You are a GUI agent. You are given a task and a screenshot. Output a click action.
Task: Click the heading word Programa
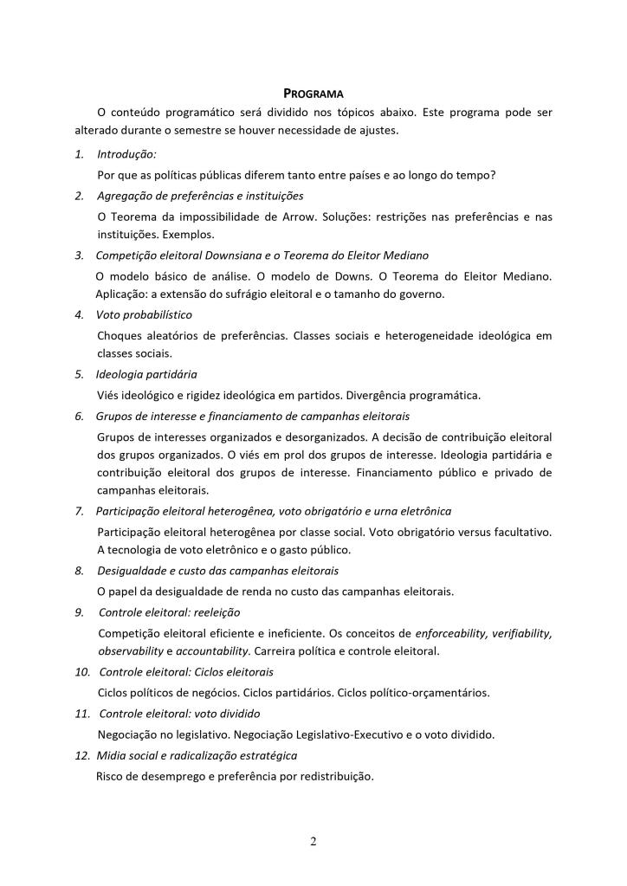[313, 93]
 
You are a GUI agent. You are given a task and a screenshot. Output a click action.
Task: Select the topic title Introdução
[126, 154]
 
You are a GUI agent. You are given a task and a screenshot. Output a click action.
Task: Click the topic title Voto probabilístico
[144, 314]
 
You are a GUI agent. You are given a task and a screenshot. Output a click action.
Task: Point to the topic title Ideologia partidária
[146, 375]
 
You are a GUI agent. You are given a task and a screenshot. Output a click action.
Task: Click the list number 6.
[79, 416]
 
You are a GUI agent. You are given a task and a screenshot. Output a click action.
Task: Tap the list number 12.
[81, 755]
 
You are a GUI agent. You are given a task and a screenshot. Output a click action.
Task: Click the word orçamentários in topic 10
[449, 692]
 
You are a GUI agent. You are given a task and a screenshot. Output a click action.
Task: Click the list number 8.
[79, 571]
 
